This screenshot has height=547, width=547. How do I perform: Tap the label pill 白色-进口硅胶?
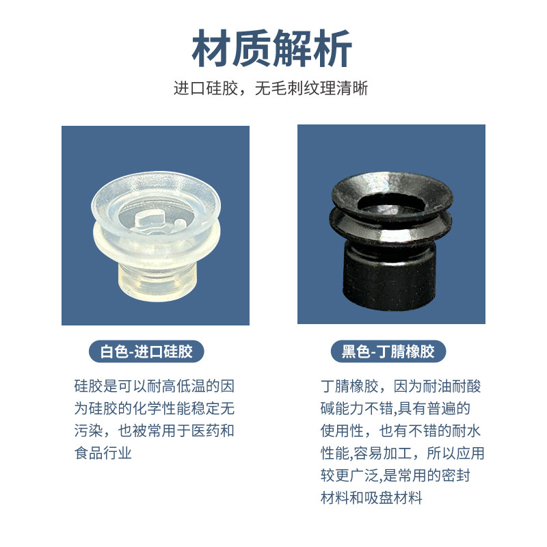point(146,352)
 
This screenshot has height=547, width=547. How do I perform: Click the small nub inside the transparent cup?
point(179,223)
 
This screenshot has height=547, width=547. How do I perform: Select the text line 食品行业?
point(103,453)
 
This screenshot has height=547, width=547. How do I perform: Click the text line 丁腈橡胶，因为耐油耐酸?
point(401,386)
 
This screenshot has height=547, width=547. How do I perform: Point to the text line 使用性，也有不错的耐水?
point(401,431)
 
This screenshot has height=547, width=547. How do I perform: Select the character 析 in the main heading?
point(332,49)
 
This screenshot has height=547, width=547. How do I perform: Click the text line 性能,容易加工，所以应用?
point(401,453)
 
